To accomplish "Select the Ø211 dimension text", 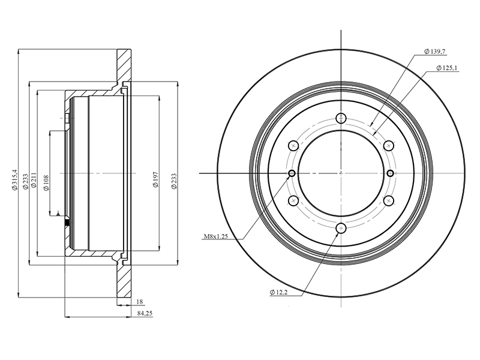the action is click(x=34, y=181).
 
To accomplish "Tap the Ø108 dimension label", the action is click(x=46, y=183).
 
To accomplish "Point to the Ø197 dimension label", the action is click(x=156, y=180).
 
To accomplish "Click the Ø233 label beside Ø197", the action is click(x=174, y=182).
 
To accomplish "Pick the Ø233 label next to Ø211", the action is click(x=25, y=182).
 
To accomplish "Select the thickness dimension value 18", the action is click(x=139, y=302).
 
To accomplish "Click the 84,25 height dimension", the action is click(x=145, y=313).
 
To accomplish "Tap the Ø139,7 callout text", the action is click(x=434, y=52).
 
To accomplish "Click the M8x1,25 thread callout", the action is click(x=216, y=236).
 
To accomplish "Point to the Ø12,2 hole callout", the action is click(x=278, y=292).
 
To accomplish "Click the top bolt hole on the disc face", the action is click(x=341, y=118).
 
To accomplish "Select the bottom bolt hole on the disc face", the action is click(x=341, y=228).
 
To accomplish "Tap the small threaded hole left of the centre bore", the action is click(x=292, y=173).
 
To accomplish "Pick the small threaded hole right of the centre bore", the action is click(x=390, y=173).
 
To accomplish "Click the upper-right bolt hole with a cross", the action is click(x=388, y=145).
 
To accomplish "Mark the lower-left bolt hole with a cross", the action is click(x=293, y=200).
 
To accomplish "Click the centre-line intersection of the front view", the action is click(x=341, y=173).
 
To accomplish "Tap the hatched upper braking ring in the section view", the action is click(x=124, y=67).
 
